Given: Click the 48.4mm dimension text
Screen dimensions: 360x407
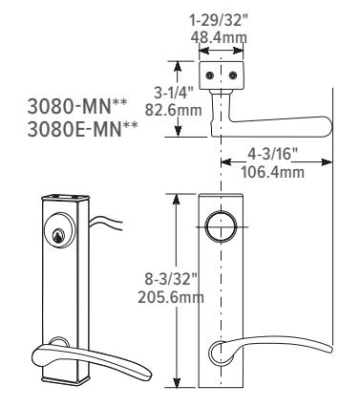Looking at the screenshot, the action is coord(219,37).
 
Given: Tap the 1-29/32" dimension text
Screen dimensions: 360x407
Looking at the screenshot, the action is coord(219,21).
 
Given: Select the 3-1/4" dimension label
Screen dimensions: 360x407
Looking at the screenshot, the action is coord(174,94).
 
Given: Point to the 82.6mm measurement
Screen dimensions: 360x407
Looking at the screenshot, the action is coord(174,110).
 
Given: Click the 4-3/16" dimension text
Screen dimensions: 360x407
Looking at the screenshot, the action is coord(272,155).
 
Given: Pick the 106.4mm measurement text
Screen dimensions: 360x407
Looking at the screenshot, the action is coord(272,172).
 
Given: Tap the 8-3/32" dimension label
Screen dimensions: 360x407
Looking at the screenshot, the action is coord(172,280).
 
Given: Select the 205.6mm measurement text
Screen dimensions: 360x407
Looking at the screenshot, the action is coord(171,298).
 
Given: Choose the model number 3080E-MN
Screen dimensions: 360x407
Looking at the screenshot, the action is coord(83,129).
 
